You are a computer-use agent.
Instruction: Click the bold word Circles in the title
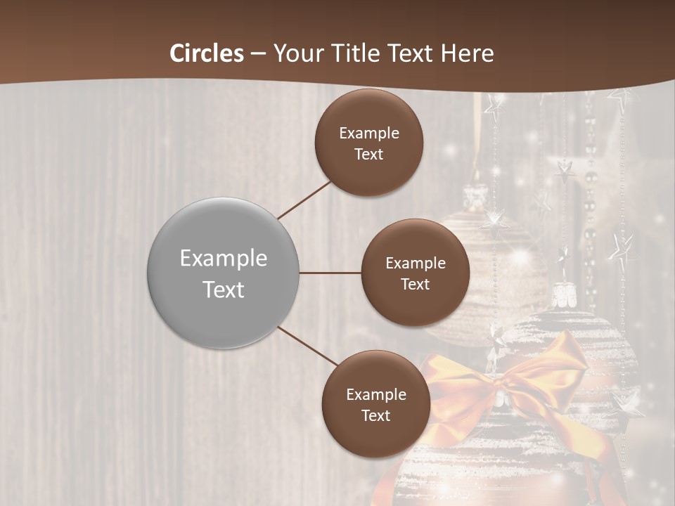(x=207, y=53)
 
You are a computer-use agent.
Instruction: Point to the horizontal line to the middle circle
(x=330, y=273)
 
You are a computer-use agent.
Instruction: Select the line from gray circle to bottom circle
(x=307, y=346)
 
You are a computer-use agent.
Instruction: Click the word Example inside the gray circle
(x=223, y=259)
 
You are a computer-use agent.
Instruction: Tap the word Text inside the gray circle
(x=223, y=290)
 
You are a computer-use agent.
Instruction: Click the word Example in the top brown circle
(x=368, y=133)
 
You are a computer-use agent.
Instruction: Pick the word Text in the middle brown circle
(x=415, y=284)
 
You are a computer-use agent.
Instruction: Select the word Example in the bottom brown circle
(x=375, y=394)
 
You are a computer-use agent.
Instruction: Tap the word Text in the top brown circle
(x=368, y=154)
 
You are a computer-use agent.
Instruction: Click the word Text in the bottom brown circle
(x=375, y=415)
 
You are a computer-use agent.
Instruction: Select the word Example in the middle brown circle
(x=415, y=263)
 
